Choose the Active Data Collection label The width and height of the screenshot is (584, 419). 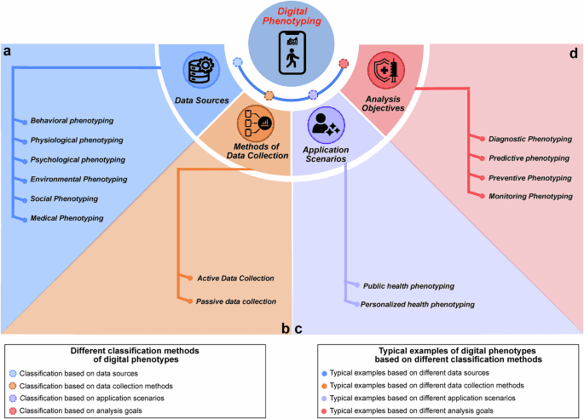point(235,278)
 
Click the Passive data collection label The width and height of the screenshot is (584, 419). point(236,301)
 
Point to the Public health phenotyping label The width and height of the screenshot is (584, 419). point(408,285)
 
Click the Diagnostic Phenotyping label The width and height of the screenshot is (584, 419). point(529,138)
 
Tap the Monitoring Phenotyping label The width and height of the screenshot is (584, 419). point(530,196)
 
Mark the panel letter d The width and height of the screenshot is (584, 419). point(573,53)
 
